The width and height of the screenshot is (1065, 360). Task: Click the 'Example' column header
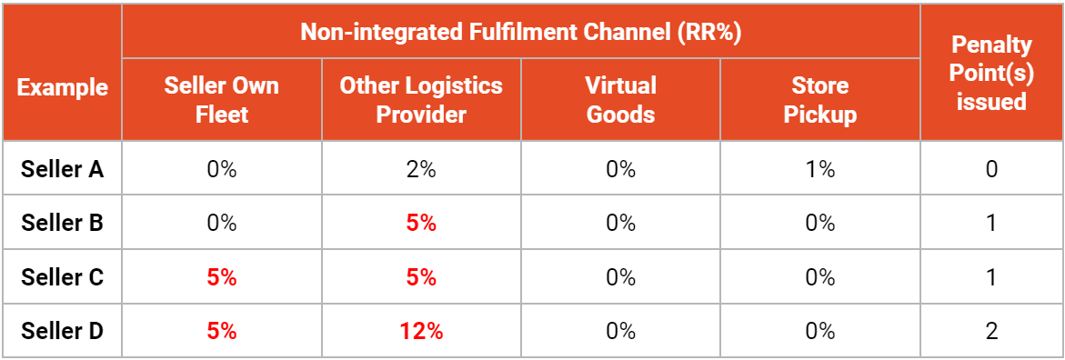click(62, 87)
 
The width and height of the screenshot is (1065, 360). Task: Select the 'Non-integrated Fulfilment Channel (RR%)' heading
click(520, 32)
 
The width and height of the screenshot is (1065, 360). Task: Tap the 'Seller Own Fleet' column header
click(222, 100)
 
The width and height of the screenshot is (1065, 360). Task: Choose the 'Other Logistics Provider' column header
click(421, 100)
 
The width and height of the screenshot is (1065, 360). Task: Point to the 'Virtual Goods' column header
click(620, 100)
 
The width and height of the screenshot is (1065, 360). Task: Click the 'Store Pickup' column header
click(819, 100)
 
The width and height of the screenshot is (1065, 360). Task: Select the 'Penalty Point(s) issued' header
click(991, 73)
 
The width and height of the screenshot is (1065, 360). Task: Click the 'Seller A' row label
click(62, 169)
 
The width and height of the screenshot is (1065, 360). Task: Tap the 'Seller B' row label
click(62, 224)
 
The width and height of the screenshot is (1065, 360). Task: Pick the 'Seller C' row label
click(62, 277)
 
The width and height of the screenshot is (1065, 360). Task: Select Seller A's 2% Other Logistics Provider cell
click(421, 169)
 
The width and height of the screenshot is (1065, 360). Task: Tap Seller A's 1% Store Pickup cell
click(819, 169)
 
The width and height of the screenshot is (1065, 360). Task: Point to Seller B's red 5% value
click(421, 224)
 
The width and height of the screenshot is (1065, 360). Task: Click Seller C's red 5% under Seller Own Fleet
click(222, 277)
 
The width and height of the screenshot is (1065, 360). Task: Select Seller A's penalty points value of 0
click(991, 169)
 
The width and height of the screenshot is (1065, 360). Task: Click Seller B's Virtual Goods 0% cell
click(620, 224)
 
